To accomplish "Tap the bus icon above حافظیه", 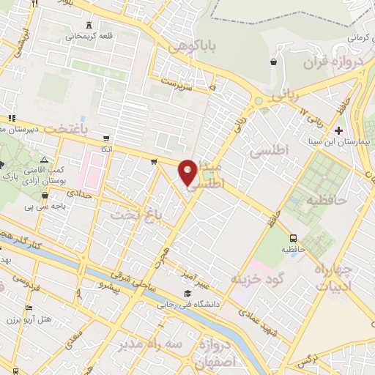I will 294,238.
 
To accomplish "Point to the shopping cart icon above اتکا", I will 107,138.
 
